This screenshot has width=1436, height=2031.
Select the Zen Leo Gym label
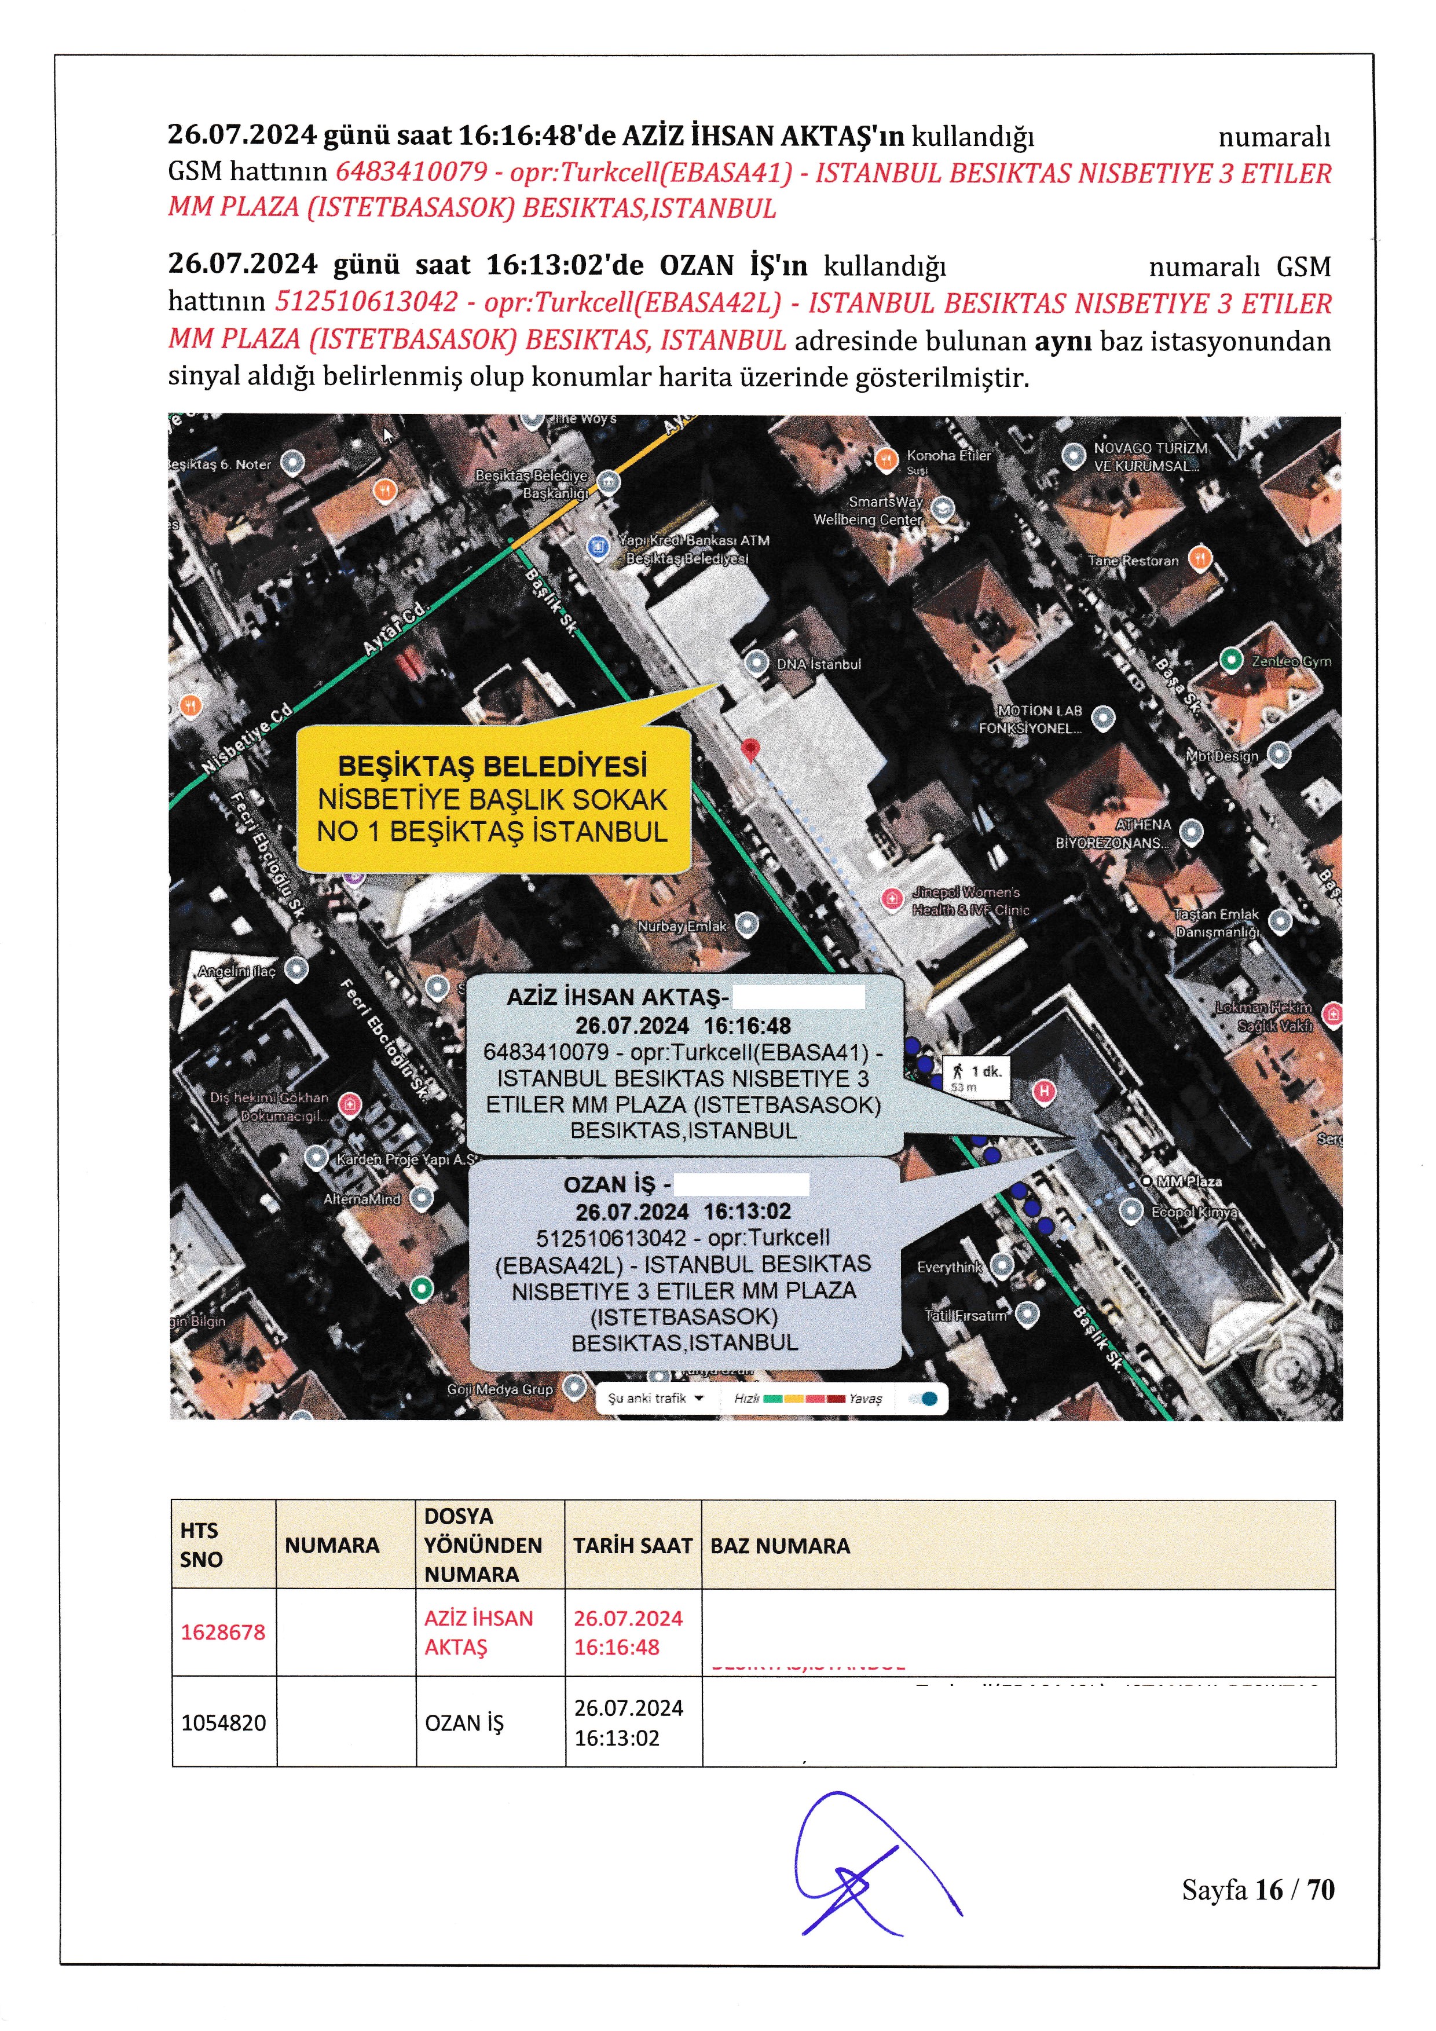coord(1290,661)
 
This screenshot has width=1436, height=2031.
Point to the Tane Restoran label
coord(1134,560)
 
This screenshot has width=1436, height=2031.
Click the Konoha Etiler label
coord(948,456)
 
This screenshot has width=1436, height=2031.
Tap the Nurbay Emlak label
coord(682,926)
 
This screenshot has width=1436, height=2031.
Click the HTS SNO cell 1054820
coord(223,1722)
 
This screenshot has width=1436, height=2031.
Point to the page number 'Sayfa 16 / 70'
coord(1258,1890)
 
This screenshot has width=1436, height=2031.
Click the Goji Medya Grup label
coord(500,1389)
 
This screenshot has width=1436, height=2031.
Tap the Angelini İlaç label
coord(237,971)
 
